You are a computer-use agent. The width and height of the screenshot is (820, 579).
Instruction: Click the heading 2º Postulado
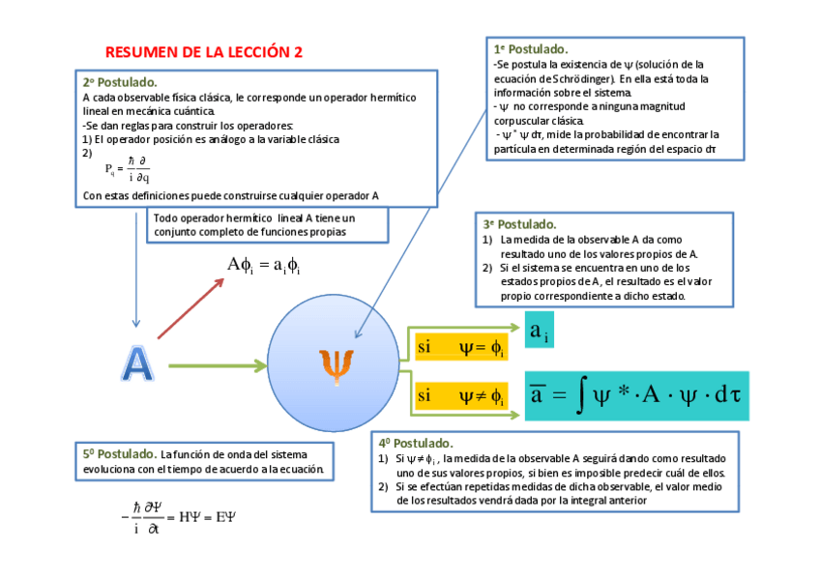120,82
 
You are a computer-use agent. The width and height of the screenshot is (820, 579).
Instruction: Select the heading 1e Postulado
531,48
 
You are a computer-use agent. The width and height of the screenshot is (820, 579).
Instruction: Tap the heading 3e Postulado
519,224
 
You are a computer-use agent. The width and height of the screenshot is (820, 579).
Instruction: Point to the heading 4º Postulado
417,443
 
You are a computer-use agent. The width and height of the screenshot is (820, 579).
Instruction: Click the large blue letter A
137,363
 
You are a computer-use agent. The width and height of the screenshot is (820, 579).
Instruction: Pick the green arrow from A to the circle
217,366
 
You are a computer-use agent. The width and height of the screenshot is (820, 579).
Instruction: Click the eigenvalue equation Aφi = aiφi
263,265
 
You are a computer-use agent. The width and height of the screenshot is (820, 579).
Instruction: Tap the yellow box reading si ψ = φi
460,348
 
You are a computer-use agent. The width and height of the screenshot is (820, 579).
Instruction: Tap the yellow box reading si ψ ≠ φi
460,394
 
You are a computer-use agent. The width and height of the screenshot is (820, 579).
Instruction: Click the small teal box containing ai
540,332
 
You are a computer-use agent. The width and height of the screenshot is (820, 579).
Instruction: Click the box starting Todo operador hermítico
269,225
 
